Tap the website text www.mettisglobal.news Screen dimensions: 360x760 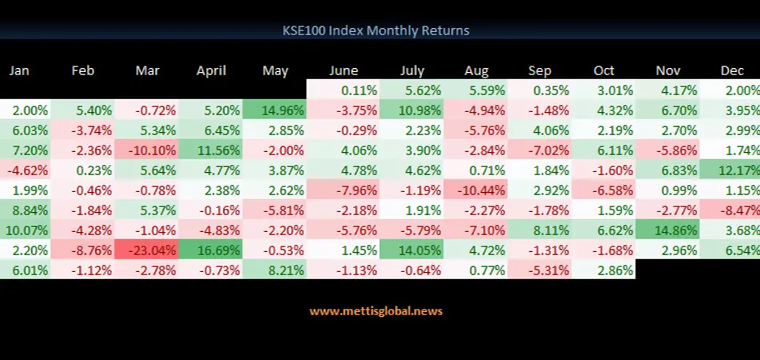376,310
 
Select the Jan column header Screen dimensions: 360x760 19,70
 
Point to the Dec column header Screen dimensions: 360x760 732,70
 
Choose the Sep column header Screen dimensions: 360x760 540,70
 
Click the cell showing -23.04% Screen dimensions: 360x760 147,250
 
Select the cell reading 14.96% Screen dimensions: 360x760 276,110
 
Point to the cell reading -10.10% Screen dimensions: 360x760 147,150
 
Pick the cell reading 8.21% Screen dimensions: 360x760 276,270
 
